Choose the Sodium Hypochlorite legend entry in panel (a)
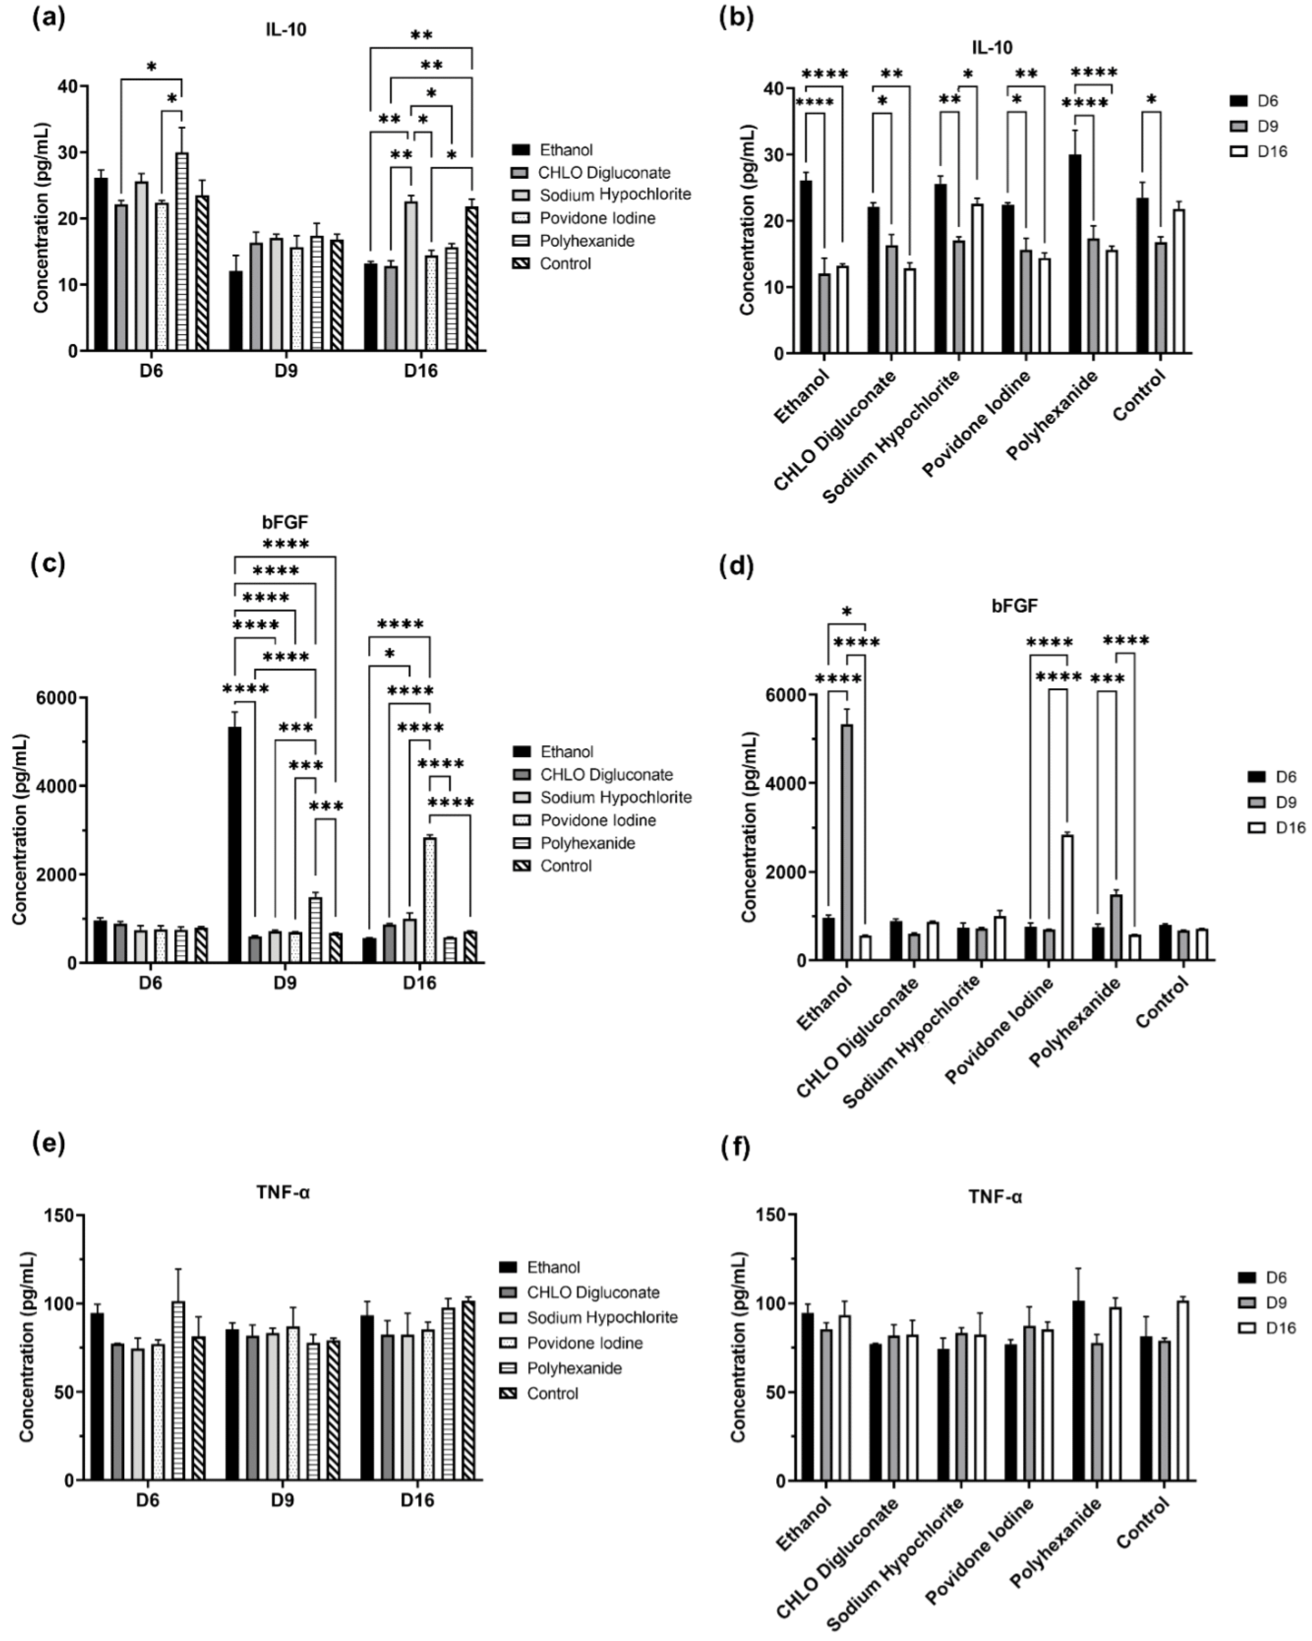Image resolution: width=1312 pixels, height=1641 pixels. (615, 195)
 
